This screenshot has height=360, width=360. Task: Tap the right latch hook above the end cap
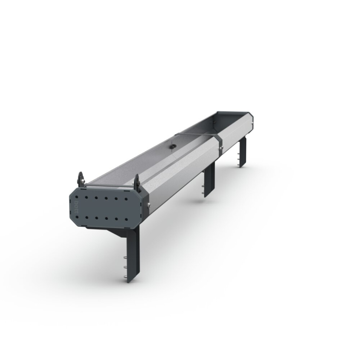point(137,181)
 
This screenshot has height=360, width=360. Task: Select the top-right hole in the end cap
point(127,197)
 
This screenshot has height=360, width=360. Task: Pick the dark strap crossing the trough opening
point(198,134)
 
